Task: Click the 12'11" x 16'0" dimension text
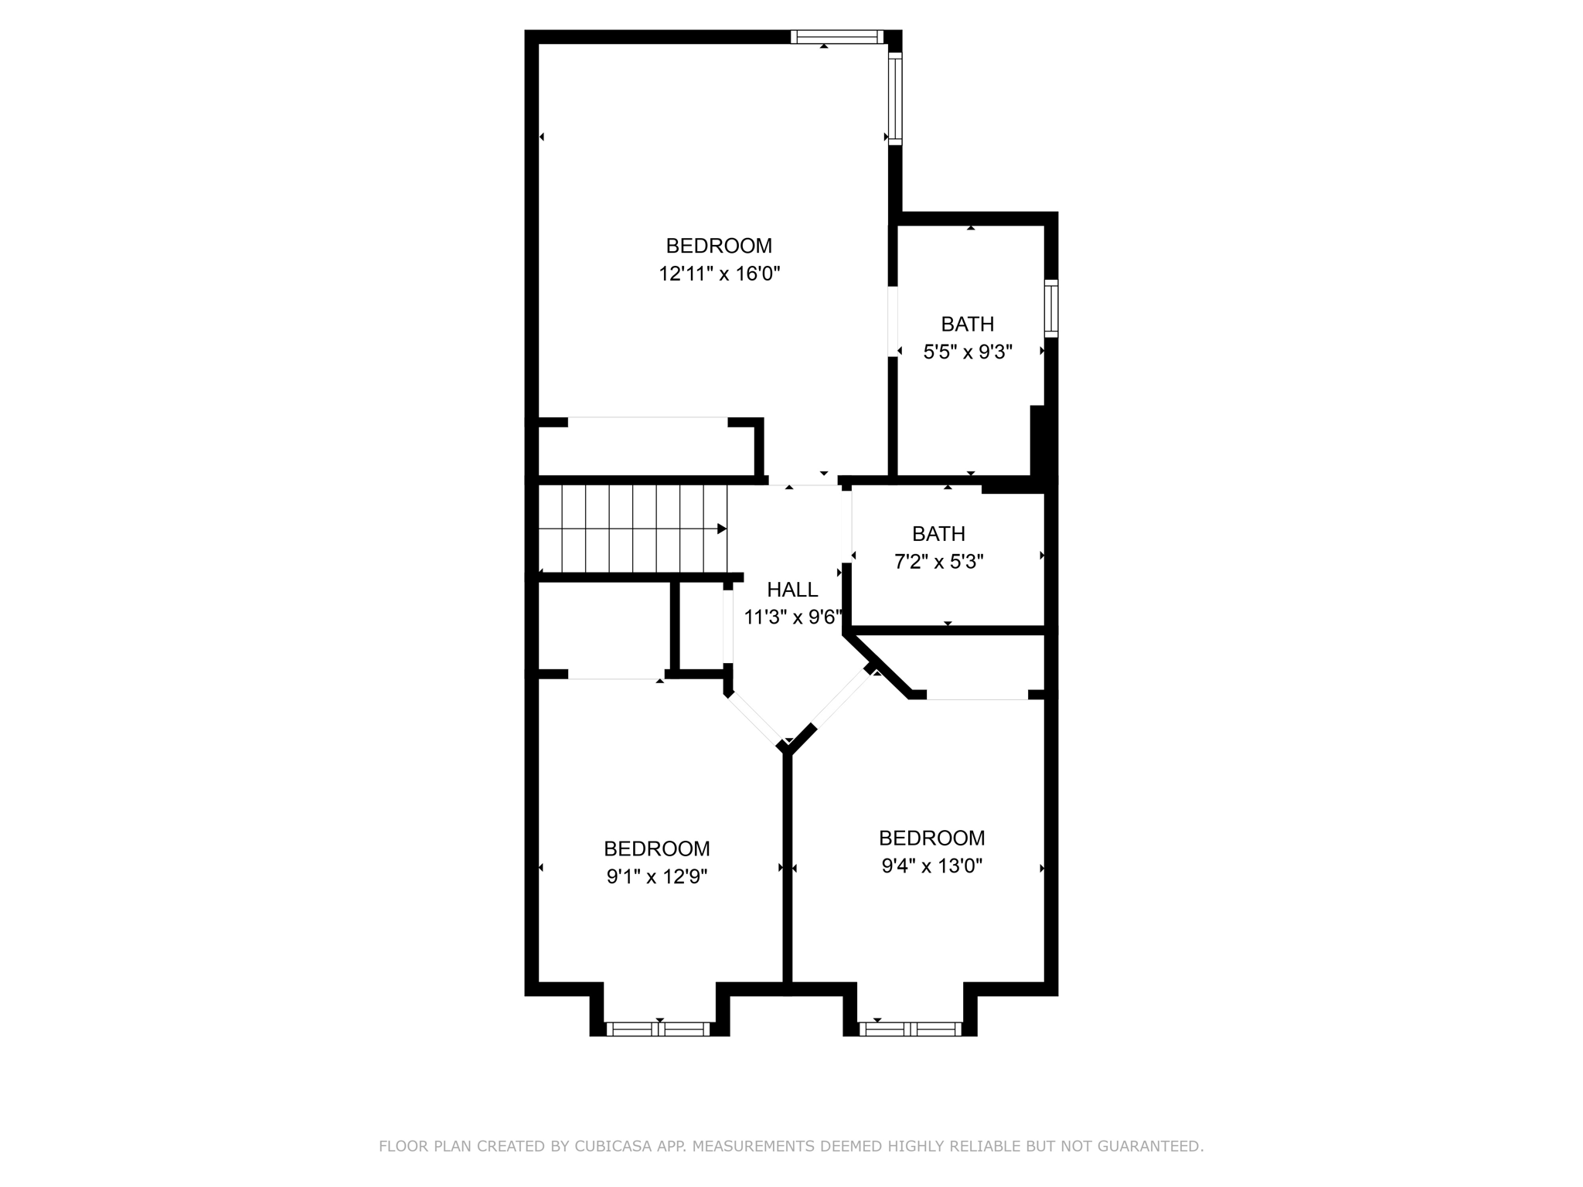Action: tap(719, 274)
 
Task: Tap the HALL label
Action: tap(792, 590)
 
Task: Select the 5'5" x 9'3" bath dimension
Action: tap(968, 352)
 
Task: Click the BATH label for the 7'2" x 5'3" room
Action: tap(938, 534)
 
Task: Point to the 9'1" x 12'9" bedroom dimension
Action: tap(657, 876)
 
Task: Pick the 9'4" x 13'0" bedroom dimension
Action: tap(931, 866)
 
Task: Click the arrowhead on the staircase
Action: tap(722, 529)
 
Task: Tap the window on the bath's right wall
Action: tap(1051, 308)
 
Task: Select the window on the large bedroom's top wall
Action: tap(836, 36)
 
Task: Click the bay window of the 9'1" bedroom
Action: tap(658, 1029)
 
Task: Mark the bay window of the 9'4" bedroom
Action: tap(911, 1029)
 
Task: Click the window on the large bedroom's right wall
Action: tap(895, 98)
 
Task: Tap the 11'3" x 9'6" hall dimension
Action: tap(792, 617)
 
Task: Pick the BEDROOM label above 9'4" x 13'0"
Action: tap(931, 838)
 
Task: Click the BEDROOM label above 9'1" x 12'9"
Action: tap(657, 849)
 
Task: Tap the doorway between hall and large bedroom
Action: tap(803, 481)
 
